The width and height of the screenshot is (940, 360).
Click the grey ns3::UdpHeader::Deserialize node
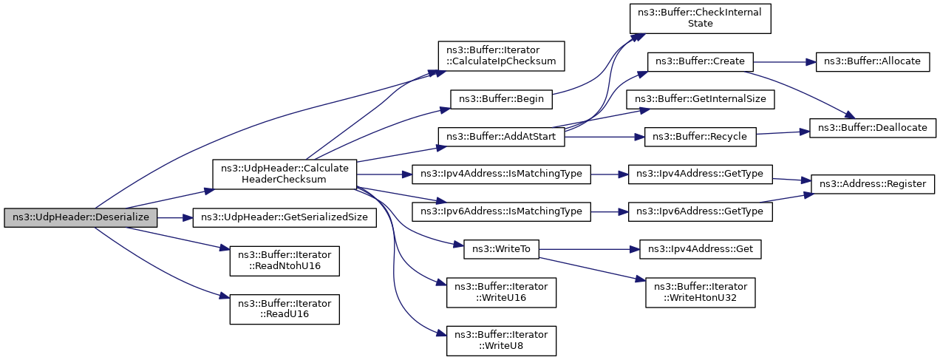(81, 218)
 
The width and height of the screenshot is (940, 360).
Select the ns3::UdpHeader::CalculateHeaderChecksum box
(285, 174)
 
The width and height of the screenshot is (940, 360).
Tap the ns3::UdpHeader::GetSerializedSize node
(285, 218)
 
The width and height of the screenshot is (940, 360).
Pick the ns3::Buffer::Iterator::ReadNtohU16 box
(285, 261)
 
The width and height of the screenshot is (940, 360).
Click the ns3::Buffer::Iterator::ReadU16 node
(285, 309)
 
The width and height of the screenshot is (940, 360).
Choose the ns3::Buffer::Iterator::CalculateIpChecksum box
(502, 55)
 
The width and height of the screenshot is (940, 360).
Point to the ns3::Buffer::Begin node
(502, 100)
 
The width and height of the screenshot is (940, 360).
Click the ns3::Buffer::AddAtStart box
(502, 137)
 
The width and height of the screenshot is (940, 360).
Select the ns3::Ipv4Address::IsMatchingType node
(502, 174)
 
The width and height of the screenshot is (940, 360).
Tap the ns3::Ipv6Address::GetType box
(701, 212)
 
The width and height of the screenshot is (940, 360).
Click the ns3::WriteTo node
(502, 249)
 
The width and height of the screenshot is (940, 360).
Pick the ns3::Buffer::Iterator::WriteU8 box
(502, 341)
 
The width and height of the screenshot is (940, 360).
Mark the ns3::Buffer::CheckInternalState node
(701, 18)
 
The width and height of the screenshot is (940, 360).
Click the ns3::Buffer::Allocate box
(873, 61)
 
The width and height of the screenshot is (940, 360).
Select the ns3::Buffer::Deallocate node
(873, 128)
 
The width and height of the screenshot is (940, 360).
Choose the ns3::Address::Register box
(873, 184)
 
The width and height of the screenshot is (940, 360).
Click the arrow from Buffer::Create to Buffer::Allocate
(785, 62)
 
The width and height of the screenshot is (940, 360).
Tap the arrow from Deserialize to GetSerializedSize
(175, 218)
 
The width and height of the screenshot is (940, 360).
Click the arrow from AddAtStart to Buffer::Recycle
(604, 137)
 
